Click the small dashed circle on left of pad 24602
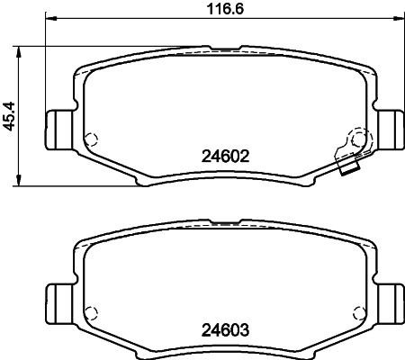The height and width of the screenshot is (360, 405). [90, 139]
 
